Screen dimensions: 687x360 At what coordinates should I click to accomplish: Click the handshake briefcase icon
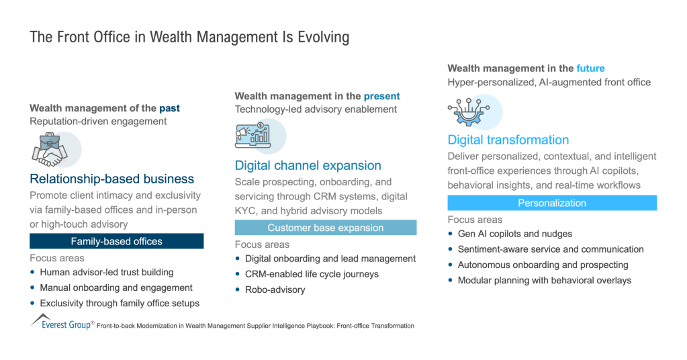pyautogui.click(x=50, y=150)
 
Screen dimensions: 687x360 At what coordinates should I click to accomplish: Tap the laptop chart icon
pyautogui.click(x=253, y=135)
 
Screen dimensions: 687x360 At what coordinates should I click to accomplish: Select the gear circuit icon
pyautogui.click(x=468, y=112)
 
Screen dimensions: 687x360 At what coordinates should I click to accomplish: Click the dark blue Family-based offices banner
pyautogui.click(x=117, y=241)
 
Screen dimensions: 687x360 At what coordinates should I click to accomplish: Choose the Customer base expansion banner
pyautogui.click(x=326, y=228)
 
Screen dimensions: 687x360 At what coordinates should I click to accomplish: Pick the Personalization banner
pyautogui.click(x=552, y=203)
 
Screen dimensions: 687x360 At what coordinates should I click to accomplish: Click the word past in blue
pyautogui.click(x=169, y=108)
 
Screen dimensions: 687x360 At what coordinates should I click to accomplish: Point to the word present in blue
pyautogui.click(x=381, y=96)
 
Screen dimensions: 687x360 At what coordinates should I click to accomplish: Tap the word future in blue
pyautogui.click(x=590, y=69)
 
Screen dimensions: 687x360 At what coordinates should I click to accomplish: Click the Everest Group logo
pyautogui.click(x=62, y=322)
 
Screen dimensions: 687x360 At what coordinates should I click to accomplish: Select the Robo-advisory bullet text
pyautogui.click(x=275, y=290)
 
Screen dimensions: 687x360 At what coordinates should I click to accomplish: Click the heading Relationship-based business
pyautogui.click(x=111, y=179)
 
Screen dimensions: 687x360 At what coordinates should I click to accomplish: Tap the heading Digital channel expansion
pyautogui.click(x=308, y=165)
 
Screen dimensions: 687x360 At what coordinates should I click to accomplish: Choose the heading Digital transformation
pyautogui.click(x=508, y=140)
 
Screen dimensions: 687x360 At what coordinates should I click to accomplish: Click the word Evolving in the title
pyautogui.click(x=323, y=37)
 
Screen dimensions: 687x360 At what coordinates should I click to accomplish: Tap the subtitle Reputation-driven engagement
pyautogui.click(x=98, y=122)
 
